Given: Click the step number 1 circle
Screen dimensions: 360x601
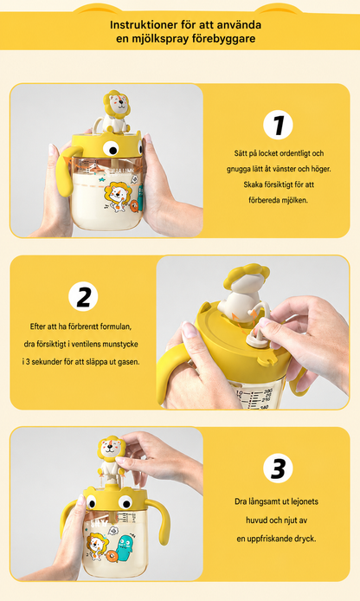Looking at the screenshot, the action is click(x=278, y=125).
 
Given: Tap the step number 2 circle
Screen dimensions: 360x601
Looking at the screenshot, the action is click(x=83, y=296).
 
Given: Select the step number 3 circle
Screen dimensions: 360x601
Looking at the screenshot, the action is click(x=278, y=468).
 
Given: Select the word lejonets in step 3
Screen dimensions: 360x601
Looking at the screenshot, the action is click(x=305, y=501).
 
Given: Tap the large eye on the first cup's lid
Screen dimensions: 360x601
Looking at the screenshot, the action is click(x=111, y=148).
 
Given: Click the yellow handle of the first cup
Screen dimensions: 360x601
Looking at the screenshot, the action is click(x=67, y=169).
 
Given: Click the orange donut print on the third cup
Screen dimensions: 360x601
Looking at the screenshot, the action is click(x=112, y=556).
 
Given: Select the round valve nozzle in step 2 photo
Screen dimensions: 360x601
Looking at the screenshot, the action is click(x=254, y=337).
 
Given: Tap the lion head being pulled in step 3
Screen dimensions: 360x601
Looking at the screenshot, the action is click(x=112, y=449).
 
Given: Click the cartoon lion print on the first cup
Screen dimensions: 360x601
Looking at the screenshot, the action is click(x=118, y=197).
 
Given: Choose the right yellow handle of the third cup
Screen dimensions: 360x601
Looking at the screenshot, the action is click(x=160, y=520).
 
